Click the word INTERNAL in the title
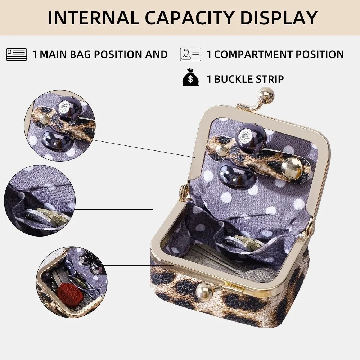pyautogui.click(x=94, y=18)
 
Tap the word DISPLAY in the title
pyautogui.click(x=279, y=18)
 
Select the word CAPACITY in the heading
pyautogui.click(x=189, y=18)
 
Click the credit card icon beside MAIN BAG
pyautogui.click(x=17, y=54)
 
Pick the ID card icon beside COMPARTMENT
pyautogui.click(x=190, y=54)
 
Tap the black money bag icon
pyautogui.click(x=190, y=78)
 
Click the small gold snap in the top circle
pyautogui.click(x=44, y=118)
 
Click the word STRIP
pyautogui.click(x=270, y=79)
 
